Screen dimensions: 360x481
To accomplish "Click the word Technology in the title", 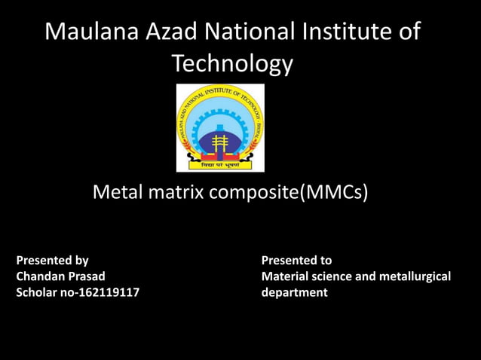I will pos(232,64).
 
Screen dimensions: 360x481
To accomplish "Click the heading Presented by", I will pos(53,261).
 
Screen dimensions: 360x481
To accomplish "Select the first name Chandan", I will pos(42,276).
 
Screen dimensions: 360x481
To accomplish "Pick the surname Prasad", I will pos(87,276).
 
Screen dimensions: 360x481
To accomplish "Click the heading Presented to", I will pos(296,261).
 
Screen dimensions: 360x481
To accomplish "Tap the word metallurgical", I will pos(413,276).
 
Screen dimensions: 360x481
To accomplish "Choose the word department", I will pos(294,292).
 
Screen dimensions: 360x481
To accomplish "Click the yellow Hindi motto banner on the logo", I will pos(220,163).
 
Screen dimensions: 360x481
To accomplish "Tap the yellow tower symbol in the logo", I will pos(220,143).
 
